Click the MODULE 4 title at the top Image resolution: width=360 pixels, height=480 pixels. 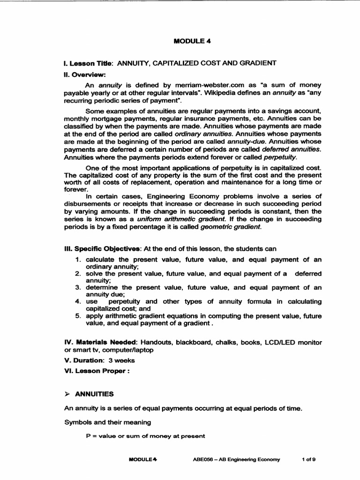point(192,41)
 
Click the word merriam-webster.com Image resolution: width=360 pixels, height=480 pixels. point(185,85)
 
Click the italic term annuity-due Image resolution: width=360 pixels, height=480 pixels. point(243,141)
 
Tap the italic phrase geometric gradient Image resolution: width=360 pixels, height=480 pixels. point(229,227)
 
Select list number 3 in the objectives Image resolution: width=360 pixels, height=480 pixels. point(78,287)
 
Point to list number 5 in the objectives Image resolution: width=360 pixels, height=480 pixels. point(78,316)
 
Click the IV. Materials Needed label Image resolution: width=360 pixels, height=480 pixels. point(95,343)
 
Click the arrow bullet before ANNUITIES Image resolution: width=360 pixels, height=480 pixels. point(67,394)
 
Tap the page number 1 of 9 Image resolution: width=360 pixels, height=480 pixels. point(308,459)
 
